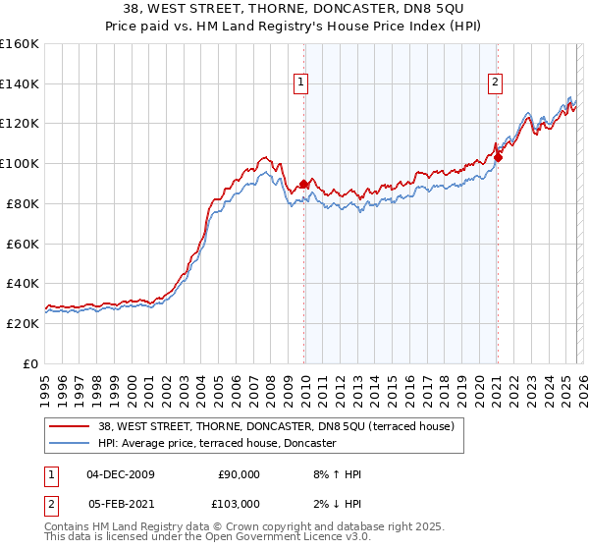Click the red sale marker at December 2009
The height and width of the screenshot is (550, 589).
click(x=303, y=183)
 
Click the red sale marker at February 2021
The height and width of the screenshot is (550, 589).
click(x=498, y=157)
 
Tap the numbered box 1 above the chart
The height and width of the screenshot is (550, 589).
click(x=300, y=83)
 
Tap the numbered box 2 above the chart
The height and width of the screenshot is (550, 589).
click(x=496, y=83)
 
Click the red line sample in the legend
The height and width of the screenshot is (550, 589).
click(x=70, y=427)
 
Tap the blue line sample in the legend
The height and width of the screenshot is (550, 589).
click(x=70, y=444)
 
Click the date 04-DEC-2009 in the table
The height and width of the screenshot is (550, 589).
click(x=121, y=474)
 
